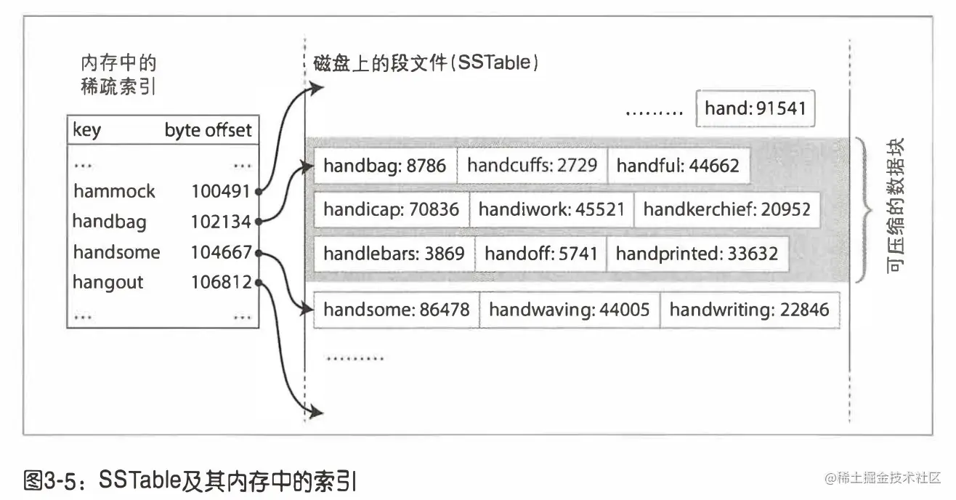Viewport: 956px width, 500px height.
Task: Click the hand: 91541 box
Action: [755, 110]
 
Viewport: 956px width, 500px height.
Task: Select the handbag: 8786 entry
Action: [385, 165]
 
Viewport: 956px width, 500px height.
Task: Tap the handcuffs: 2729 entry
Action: [532, 165]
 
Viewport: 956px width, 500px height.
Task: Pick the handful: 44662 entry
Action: [677, 166]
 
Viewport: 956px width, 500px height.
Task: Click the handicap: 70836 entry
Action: [391, 210]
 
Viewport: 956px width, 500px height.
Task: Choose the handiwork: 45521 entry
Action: [551, 210]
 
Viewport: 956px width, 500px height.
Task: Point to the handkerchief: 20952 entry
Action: [726, 210]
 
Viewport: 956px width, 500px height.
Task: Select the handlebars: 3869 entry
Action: [393, 254]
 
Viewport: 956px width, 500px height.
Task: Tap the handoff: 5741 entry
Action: [540, 254]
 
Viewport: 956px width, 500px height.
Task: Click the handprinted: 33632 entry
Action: [697, 254]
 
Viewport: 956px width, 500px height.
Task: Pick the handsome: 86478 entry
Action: [396, 310]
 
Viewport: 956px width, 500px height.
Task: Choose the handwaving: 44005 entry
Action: [569, 310]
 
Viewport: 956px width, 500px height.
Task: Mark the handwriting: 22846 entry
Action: [749, 310]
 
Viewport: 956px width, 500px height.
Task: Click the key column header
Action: [87, 130]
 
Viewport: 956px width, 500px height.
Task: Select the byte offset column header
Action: [208, 130]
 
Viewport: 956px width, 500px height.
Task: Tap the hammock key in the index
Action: [114, 191]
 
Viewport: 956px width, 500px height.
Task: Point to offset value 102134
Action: [221, 221]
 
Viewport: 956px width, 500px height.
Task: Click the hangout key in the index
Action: [108, 281]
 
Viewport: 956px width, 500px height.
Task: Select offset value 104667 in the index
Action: [221, 252]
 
